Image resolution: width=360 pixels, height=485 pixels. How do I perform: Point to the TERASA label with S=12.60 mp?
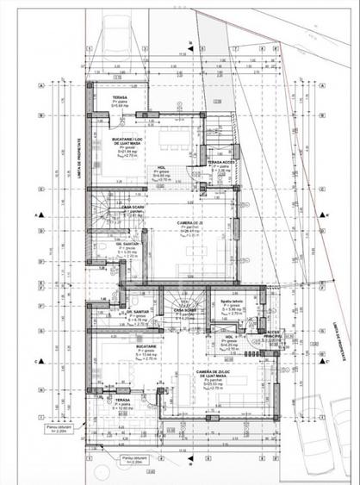click(116, 401)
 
